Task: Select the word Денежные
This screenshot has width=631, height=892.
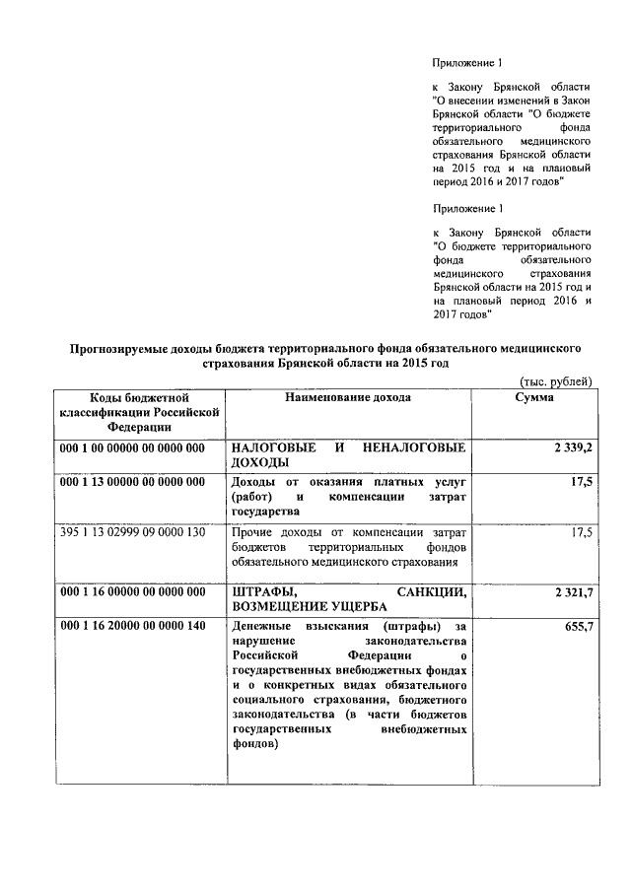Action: tap(259, 627)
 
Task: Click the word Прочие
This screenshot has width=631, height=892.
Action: tap(251, 532)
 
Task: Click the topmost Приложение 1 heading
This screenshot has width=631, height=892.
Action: tap(467, 62)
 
